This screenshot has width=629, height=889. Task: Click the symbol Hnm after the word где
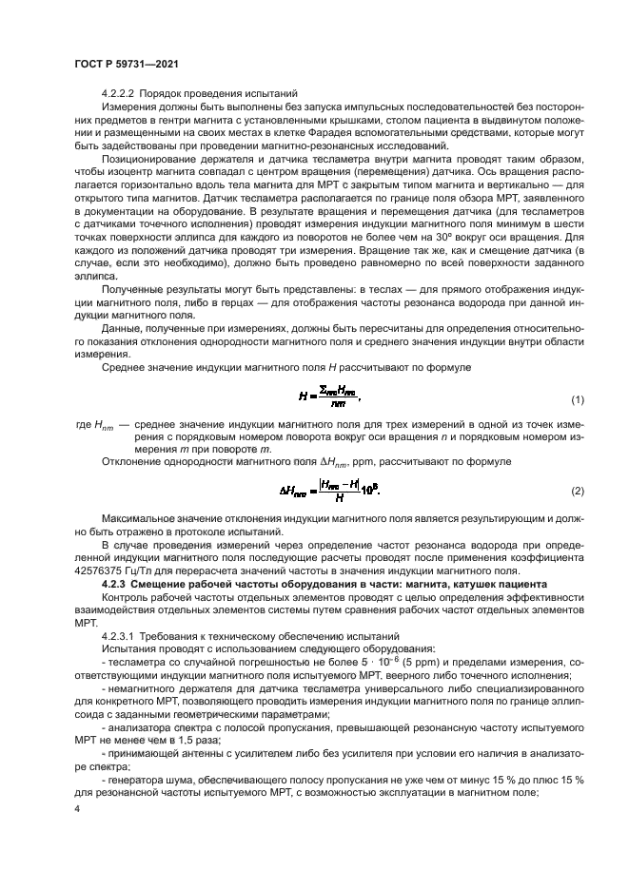coord(105,398)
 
